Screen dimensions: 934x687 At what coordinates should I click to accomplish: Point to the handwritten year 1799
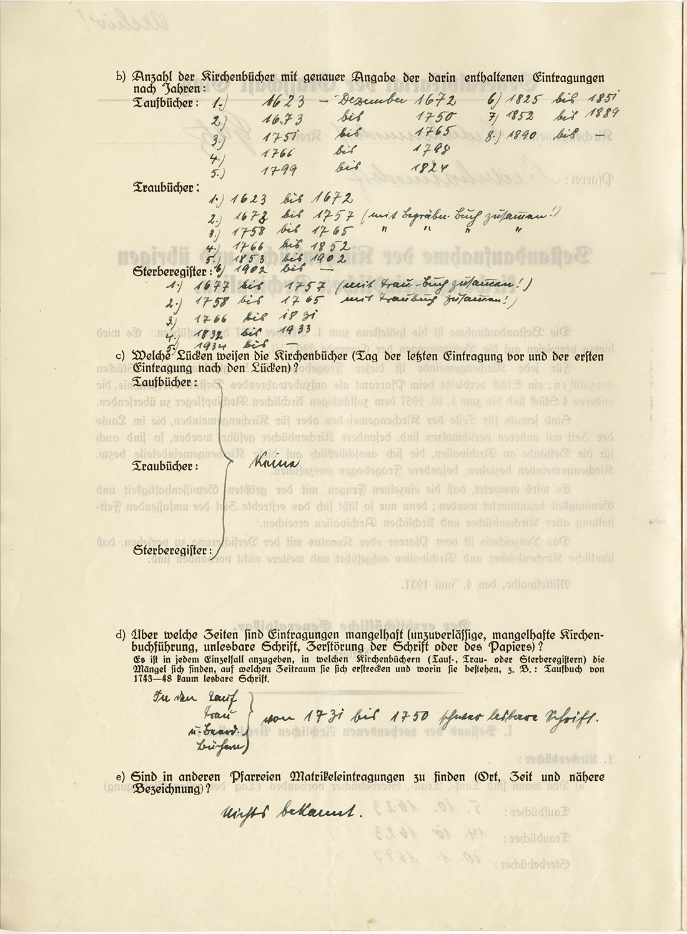tap(279, 169)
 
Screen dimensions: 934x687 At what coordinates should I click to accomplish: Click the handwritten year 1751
tap(280, 138)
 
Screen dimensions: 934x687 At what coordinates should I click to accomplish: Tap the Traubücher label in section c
tap(166, 466)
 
